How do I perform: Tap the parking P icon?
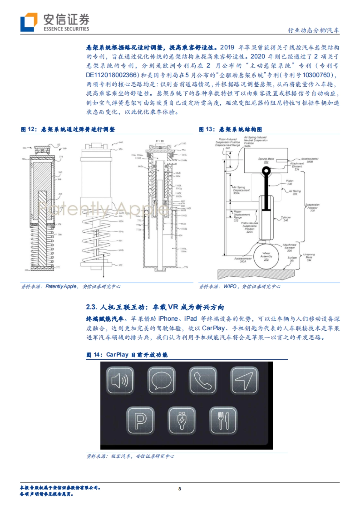pos(140,421)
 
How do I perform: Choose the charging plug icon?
pos(182,421)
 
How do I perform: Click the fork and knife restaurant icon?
pos(223,421)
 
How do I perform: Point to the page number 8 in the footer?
pos(180,489)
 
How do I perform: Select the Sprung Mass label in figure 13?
pos(263,160)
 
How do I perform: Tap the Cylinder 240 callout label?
pos(286,219)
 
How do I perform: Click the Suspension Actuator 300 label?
pos(312,207)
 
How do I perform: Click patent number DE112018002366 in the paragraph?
pos(112,75)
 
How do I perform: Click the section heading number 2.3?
pos(91,307)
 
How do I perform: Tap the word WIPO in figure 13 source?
pos(230,286)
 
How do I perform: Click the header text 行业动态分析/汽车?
pos(313,30)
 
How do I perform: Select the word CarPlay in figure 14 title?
pos(117,355)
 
